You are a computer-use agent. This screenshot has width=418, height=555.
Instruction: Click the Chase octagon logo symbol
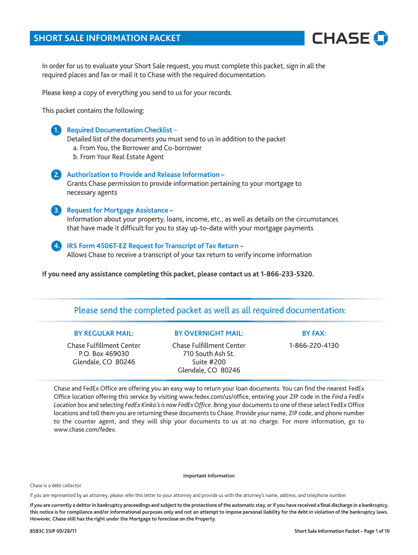(x=381, y=38)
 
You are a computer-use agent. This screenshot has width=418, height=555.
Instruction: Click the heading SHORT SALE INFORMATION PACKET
(x=107, y=38)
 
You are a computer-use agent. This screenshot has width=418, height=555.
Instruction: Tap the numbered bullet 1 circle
(x=56, y=130)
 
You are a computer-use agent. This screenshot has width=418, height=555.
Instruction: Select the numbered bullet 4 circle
(x=56, y=246)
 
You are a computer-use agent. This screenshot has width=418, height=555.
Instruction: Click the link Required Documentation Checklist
(x=119, y=130)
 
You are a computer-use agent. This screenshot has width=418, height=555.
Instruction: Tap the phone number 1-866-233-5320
(x=287, y=274)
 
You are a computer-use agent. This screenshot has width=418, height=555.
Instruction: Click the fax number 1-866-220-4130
(x=314, y=346)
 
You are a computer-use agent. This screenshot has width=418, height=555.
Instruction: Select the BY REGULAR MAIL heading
(x=104, y=333)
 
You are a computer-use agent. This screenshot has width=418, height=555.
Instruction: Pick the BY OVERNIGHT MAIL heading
(x=209, y=333)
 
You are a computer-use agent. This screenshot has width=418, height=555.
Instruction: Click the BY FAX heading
(x=314, y=333)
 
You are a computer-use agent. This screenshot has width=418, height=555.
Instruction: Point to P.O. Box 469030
(x=104, y=354)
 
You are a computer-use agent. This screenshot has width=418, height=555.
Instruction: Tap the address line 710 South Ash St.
(x=209, y=354)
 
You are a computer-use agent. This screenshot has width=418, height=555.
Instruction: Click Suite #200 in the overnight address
(x=209, y=362)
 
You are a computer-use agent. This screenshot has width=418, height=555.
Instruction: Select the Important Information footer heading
(x=209, y=476)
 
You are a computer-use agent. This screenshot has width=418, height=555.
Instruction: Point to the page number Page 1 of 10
(x=371, y=531)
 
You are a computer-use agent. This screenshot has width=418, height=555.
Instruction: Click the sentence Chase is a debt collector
(x=56, y=486)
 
